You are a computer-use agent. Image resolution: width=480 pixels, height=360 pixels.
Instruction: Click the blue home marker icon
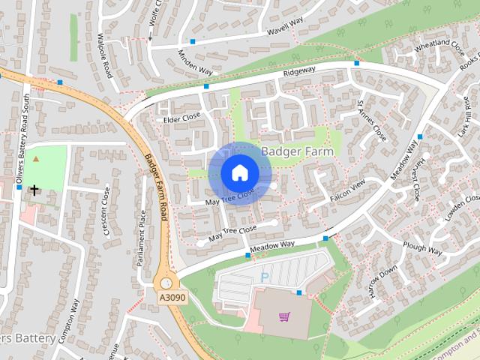238,172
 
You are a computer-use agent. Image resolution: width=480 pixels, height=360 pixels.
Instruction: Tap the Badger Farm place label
298,151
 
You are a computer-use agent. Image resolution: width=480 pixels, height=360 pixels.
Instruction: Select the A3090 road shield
171,298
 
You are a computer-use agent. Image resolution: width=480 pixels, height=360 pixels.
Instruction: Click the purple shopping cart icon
284,316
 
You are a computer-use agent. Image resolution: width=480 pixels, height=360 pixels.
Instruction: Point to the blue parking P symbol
264,277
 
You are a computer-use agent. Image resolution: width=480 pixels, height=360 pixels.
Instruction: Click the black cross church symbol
34,190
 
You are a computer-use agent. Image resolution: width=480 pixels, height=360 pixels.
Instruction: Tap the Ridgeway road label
300,73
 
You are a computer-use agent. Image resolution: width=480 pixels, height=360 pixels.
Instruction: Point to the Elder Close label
182,118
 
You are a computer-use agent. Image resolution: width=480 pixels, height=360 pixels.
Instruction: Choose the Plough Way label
422,247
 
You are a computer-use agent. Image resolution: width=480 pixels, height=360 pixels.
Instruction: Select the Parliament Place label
141,238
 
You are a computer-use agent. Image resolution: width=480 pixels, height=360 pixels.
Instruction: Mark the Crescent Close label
107,212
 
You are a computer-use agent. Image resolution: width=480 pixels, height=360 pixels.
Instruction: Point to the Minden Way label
196,61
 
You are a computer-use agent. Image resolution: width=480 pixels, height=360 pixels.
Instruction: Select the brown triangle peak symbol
36,160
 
